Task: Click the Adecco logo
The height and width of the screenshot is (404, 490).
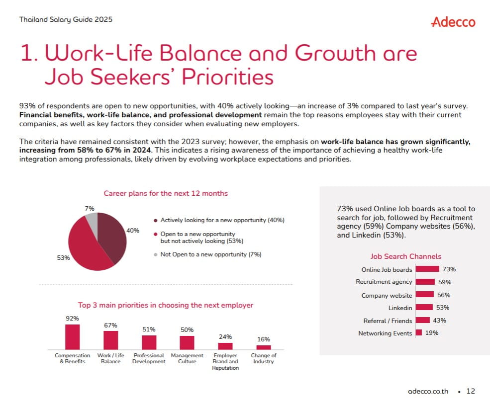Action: [x=453, y=22]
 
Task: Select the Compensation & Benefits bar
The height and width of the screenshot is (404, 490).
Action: [x=73, y=337]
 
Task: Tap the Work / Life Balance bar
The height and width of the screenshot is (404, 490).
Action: [x=111, y=340]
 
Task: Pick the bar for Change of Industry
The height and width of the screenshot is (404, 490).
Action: [x=264, y=347]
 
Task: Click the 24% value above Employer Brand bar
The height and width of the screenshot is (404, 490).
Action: [x=225, y=337]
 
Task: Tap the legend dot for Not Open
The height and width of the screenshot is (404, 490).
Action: [x=156, y=255]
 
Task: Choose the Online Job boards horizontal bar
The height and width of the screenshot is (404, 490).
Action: [x=427, y=269]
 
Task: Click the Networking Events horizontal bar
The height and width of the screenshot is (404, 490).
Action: [x=419, y=332]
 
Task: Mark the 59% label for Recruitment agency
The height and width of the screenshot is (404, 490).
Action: [x=445, y=282]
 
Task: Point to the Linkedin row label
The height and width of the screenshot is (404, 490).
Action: [x=400, y=308]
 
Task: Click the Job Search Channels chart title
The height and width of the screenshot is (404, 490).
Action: [x=406, y=256]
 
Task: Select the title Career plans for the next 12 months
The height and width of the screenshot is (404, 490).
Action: [x=166, y=193]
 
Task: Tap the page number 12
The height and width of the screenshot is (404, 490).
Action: [x=471, y=391]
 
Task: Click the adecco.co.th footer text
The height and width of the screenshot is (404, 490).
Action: [x=428, y=391]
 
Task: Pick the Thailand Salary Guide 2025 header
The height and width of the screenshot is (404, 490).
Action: [x=66, y=19]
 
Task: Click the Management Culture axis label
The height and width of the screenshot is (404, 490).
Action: [x=187, y=358]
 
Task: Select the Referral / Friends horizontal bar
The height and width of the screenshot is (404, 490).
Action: [x=423, y=320]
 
